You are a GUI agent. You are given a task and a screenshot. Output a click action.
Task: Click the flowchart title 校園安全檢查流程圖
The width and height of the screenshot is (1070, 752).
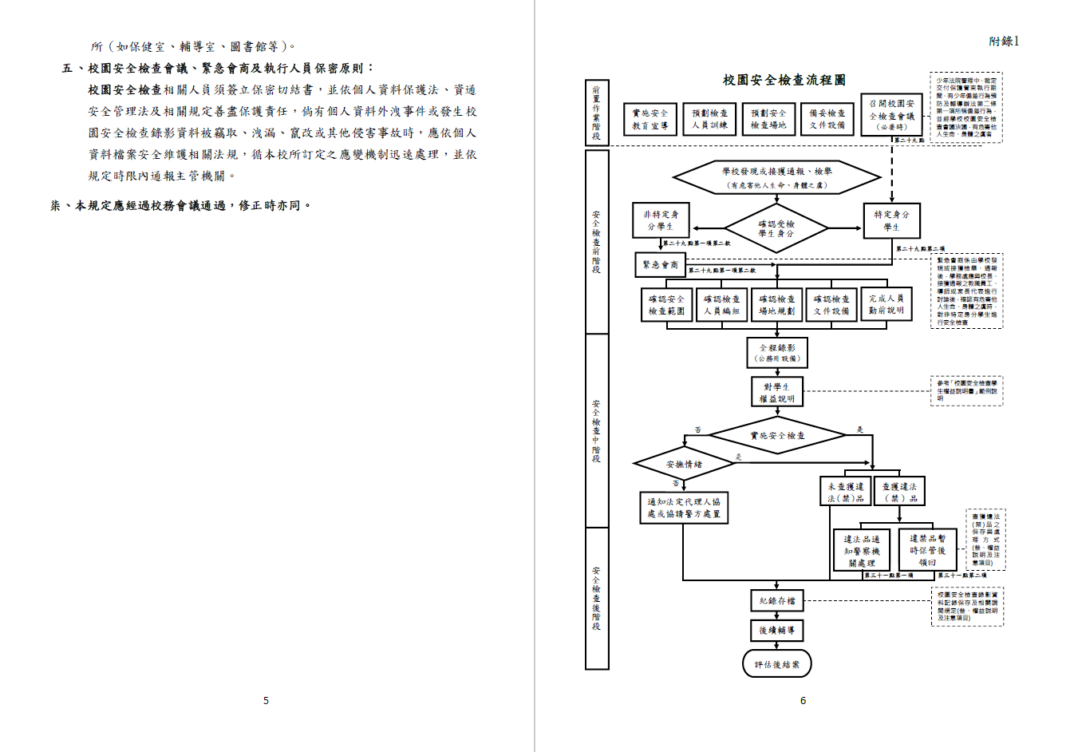(x=784, y=80)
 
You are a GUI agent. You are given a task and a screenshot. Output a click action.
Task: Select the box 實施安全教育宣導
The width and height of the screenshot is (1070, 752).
(x=650, y=120)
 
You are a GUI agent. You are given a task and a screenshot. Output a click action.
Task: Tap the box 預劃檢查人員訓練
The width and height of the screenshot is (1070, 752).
(x=709, y=120)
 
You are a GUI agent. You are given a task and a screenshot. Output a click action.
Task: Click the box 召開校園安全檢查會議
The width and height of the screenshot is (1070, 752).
(x=891, y=115)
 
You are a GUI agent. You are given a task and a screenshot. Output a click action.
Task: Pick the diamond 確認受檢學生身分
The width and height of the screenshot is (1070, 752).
(x=776, y=228)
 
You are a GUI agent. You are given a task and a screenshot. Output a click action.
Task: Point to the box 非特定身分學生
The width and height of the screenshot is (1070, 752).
(x=660, y=220)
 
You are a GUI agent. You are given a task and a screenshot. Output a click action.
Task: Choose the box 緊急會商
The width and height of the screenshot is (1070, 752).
(x=661, y=264)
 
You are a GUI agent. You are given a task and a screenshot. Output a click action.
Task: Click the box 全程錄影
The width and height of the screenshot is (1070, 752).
(x=776, y=353)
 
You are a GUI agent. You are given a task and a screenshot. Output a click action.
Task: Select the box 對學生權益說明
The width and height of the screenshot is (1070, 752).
(x=776, y=392)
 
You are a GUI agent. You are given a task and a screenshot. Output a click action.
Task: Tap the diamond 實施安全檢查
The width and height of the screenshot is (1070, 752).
(x=777, y=436)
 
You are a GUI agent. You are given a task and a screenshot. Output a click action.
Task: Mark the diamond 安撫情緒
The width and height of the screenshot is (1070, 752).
(x=684, y=464)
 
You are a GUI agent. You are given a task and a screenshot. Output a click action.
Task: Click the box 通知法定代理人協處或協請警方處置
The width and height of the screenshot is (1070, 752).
(x=684, y=508)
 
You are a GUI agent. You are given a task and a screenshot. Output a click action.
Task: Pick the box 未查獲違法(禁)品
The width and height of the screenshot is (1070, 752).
(x=845, y=492)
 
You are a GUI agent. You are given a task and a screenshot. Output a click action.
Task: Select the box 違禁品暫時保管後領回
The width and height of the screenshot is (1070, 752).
(x=926, y=550)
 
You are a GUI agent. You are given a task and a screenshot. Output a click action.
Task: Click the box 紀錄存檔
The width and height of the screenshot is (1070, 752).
(x=776, y=600)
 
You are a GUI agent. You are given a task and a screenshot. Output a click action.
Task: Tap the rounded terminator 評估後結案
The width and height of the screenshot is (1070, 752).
(x=776, y=663)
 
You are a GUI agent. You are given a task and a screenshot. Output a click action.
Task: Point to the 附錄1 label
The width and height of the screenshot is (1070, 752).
(x=1004, y=42)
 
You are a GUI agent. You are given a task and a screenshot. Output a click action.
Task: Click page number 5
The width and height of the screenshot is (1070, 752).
(x=266, y=700)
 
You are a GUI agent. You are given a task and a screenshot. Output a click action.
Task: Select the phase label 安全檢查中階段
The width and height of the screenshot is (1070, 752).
(x=597, y=431)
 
